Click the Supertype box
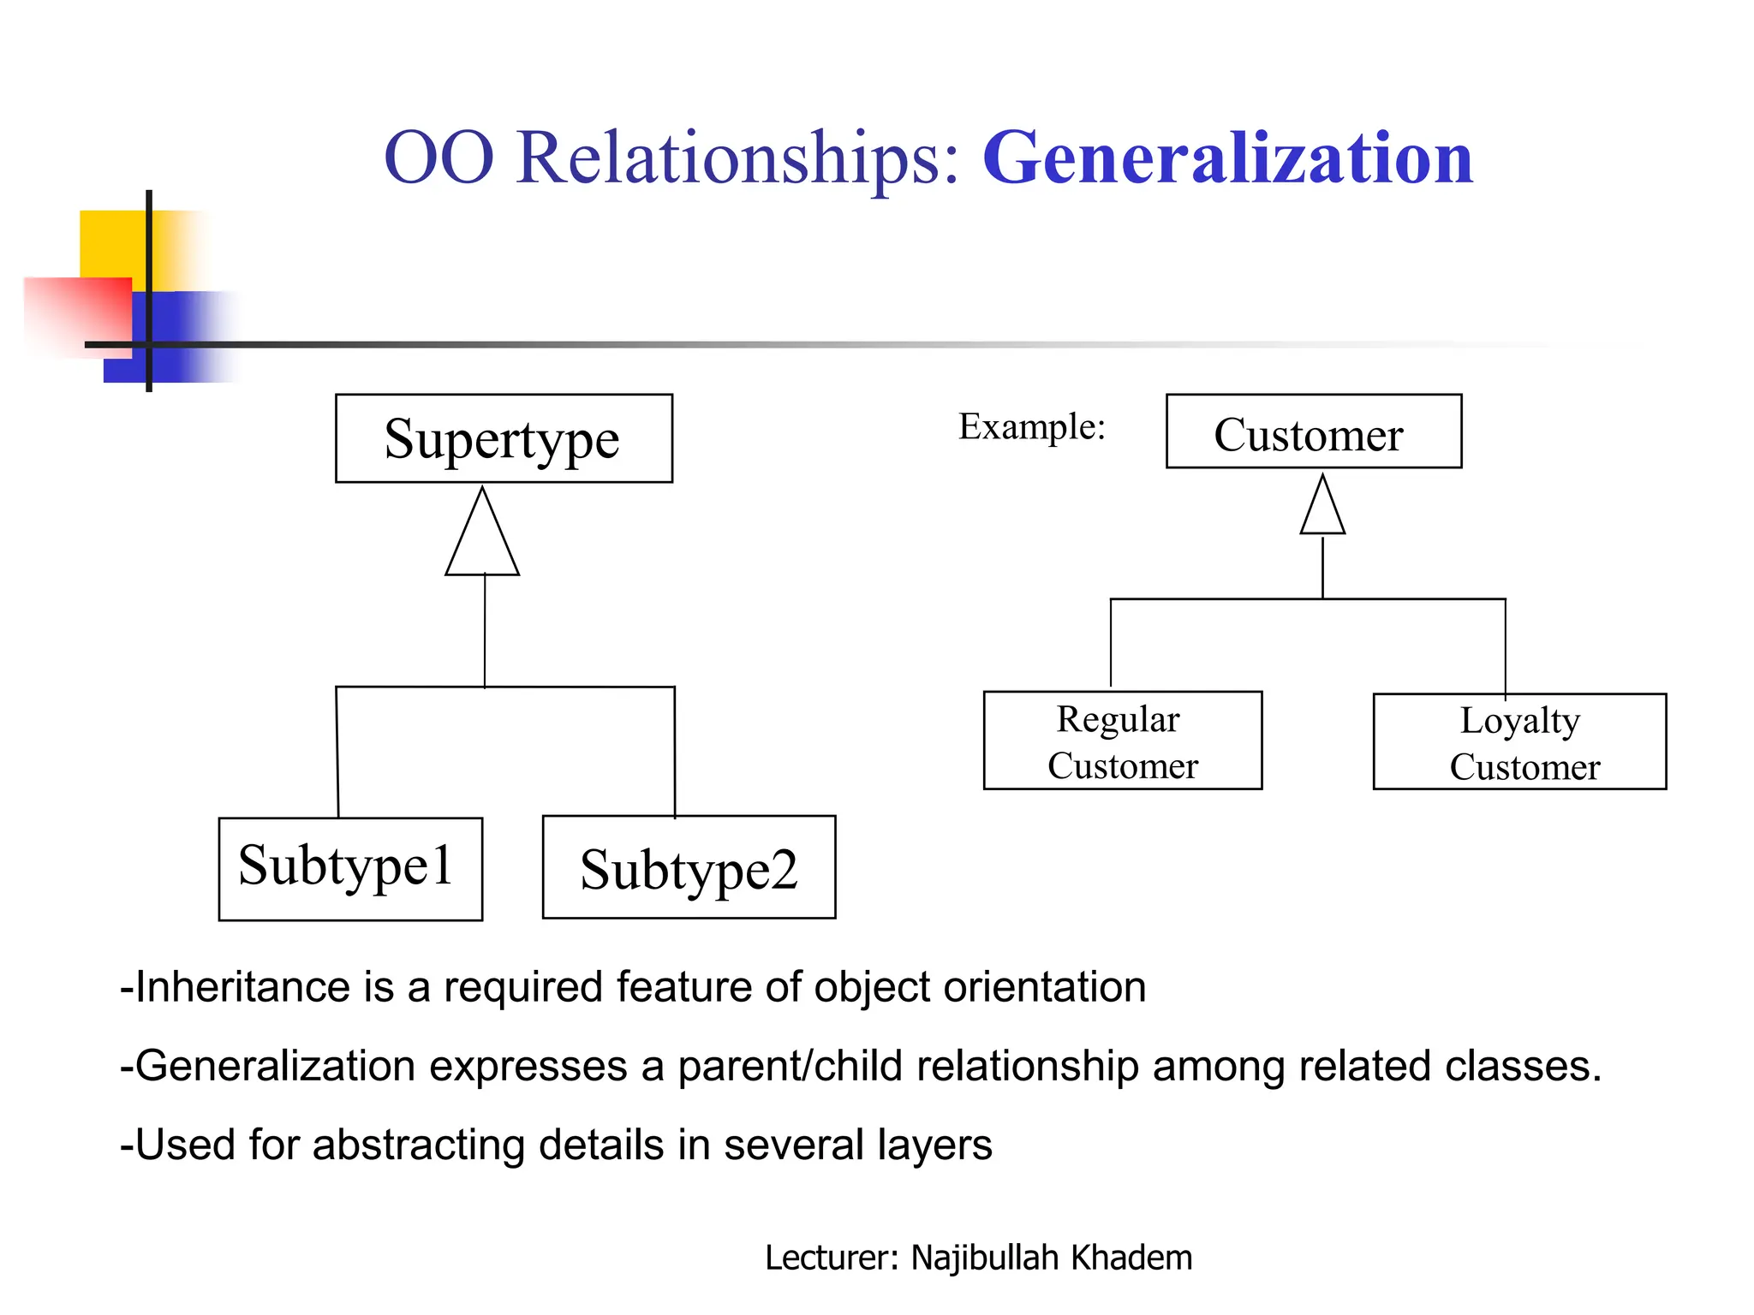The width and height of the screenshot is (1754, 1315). (x=504, y=438)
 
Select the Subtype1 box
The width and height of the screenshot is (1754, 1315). (x=350, y=868)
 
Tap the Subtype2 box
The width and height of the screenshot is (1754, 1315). (x=689, y=867)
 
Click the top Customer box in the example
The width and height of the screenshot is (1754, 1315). (x=1313, y=431)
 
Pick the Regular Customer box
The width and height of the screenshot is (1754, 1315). (x=1122, y=741)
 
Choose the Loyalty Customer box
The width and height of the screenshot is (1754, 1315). (x=1519, y=741)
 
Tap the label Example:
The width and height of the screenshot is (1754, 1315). (x=1031, y=426)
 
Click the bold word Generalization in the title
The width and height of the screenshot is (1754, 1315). (x=1227, y=158)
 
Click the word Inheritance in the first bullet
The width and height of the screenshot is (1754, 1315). (x=242, y=987)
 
